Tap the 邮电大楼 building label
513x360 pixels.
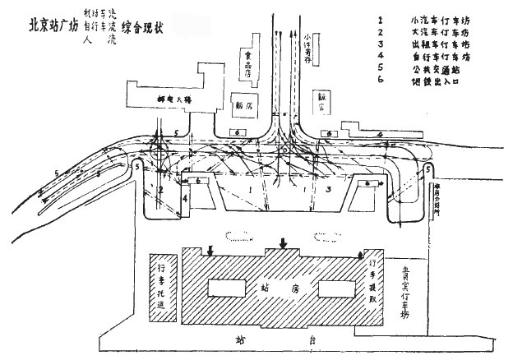click(x=174, y=98)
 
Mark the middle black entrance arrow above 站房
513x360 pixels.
click(x=284, y=242)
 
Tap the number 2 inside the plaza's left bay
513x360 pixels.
click(x=161, y=190)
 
